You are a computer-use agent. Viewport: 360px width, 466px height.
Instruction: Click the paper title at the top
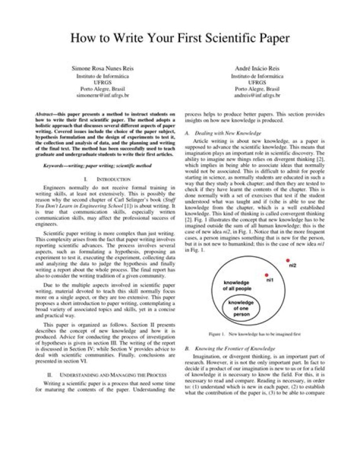[179, 38]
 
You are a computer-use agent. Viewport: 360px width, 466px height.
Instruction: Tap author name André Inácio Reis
[257, 68]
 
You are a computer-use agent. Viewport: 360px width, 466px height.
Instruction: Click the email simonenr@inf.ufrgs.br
[102, 95]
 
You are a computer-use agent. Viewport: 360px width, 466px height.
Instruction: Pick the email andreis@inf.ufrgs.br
[257, 95]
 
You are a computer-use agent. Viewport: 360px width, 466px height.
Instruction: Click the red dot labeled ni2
[287, 260]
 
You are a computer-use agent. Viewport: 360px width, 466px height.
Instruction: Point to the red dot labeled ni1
[266, 275]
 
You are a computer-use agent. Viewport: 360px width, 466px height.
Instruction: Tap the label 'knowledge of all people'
[236, 286]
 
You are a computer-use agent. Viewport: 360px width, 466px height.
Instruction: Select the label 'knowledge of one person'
[241, 309]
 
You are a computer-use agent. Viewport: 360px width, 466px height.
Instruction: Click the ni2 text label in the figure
[293, 265]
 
